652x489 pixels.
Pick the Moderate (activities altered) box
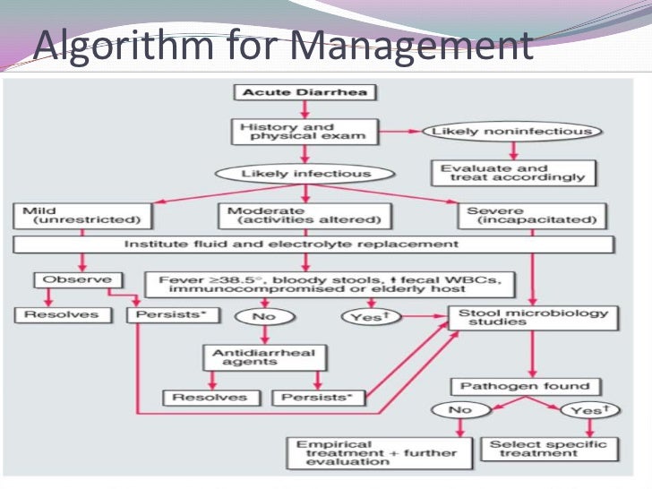[305, 216]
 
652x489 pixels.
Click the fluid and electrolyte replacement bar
[313, 244]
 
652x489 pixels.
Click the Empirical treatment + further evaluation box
[377, 450]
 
